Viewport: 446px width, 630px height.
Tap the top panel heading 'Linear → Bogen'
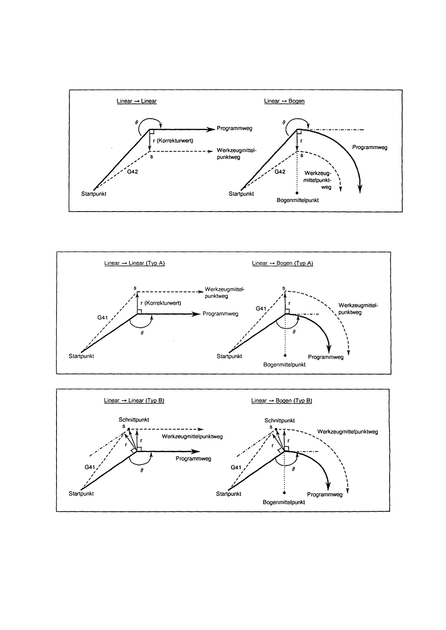[284, 101]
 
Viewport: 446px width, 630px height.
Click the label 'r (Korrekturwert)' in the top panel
[173, 141]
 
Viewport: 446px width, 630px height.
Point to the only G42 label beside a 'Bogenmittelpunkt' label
[280, 172]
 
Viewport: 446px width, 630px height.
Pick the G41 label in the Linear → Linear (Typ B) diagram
[90, 467]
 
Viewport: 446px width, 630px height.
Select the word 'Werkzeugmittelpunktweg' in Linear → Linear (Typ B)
[192, 436]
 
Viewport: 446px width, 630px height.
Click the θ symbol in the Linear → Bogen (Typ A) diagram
[294, 331]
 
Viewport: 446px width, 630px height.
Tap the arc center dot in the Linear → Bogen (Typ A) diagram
[285, 356]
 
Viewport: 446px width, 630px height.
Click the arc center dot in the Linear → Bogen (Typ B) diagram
[285, 493]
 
